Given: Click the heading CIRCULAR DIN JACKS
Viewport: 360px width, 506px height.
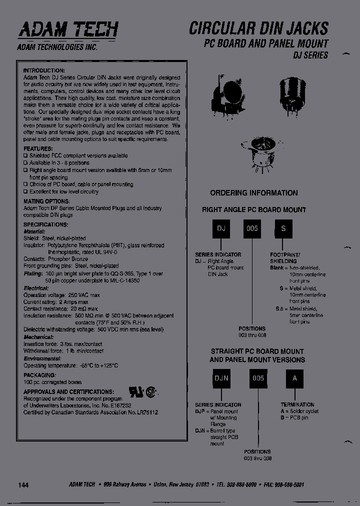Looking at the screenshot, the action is tap(258, 27).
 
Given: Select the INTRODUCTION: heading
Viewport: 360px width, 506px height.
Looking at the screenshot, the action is tap(44, 70).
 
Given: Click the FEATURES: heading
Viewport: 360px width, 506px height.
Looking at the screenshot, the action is tap(38, 149).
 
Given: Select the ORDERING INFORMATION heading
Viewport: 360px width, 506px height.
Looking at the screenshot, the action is tap(253, 193).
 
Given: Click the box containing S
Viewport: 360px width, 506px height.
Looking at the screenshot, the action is tap(283, 228).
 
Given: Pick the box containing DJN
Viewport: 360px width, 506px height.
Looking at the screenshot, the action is tap(221, 378).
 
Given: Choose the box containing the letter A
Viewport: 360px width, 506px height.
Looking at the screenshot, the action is tap(295, 378).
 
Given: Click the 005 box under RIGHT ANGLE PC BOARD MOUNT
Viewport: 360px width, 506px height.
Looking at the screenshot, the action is tap(252, 228).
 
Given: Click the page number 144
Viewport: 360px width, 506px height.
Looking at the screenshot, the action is tap(24, 485).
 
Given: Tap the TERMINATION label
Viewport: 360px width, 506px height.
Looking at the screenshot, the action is tap(297, 404).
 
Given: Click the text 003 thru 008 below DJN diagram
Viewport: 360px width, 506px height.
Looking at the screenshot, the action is tap(257, 458).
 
